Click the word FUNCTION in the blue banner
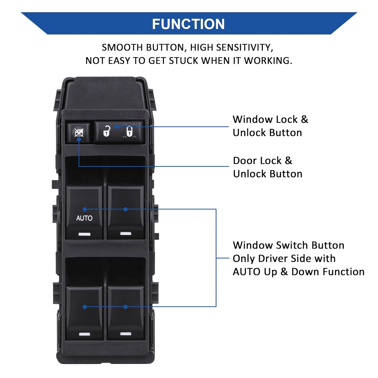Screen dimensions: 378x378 [188, 24]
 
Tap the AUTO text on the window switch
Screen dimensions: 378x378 [84, 218]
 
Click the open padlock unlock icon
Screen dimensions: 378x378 [107, 131]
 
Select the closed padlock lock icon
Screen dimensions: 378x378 [129, 131]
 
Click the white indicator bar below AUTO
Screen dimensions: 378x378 [84, 234]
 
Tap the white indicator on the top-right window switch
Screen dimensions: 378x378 [125, 234]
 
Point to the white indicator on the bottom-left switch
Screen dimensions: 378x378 [84, 334]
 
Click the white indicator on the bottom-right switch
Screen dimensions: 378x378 [125, 334]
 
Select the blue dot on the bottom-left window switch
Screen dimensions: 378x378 [85, 307]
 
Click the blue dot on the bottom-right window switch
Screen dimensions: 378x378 [125, 307]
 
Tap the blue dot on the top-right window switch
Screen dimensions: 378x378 [125, 209]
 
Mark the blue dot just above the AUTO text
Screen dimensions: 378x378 [85, 209]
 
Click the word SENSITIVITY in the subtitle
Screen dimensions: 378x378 [244, 48]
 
